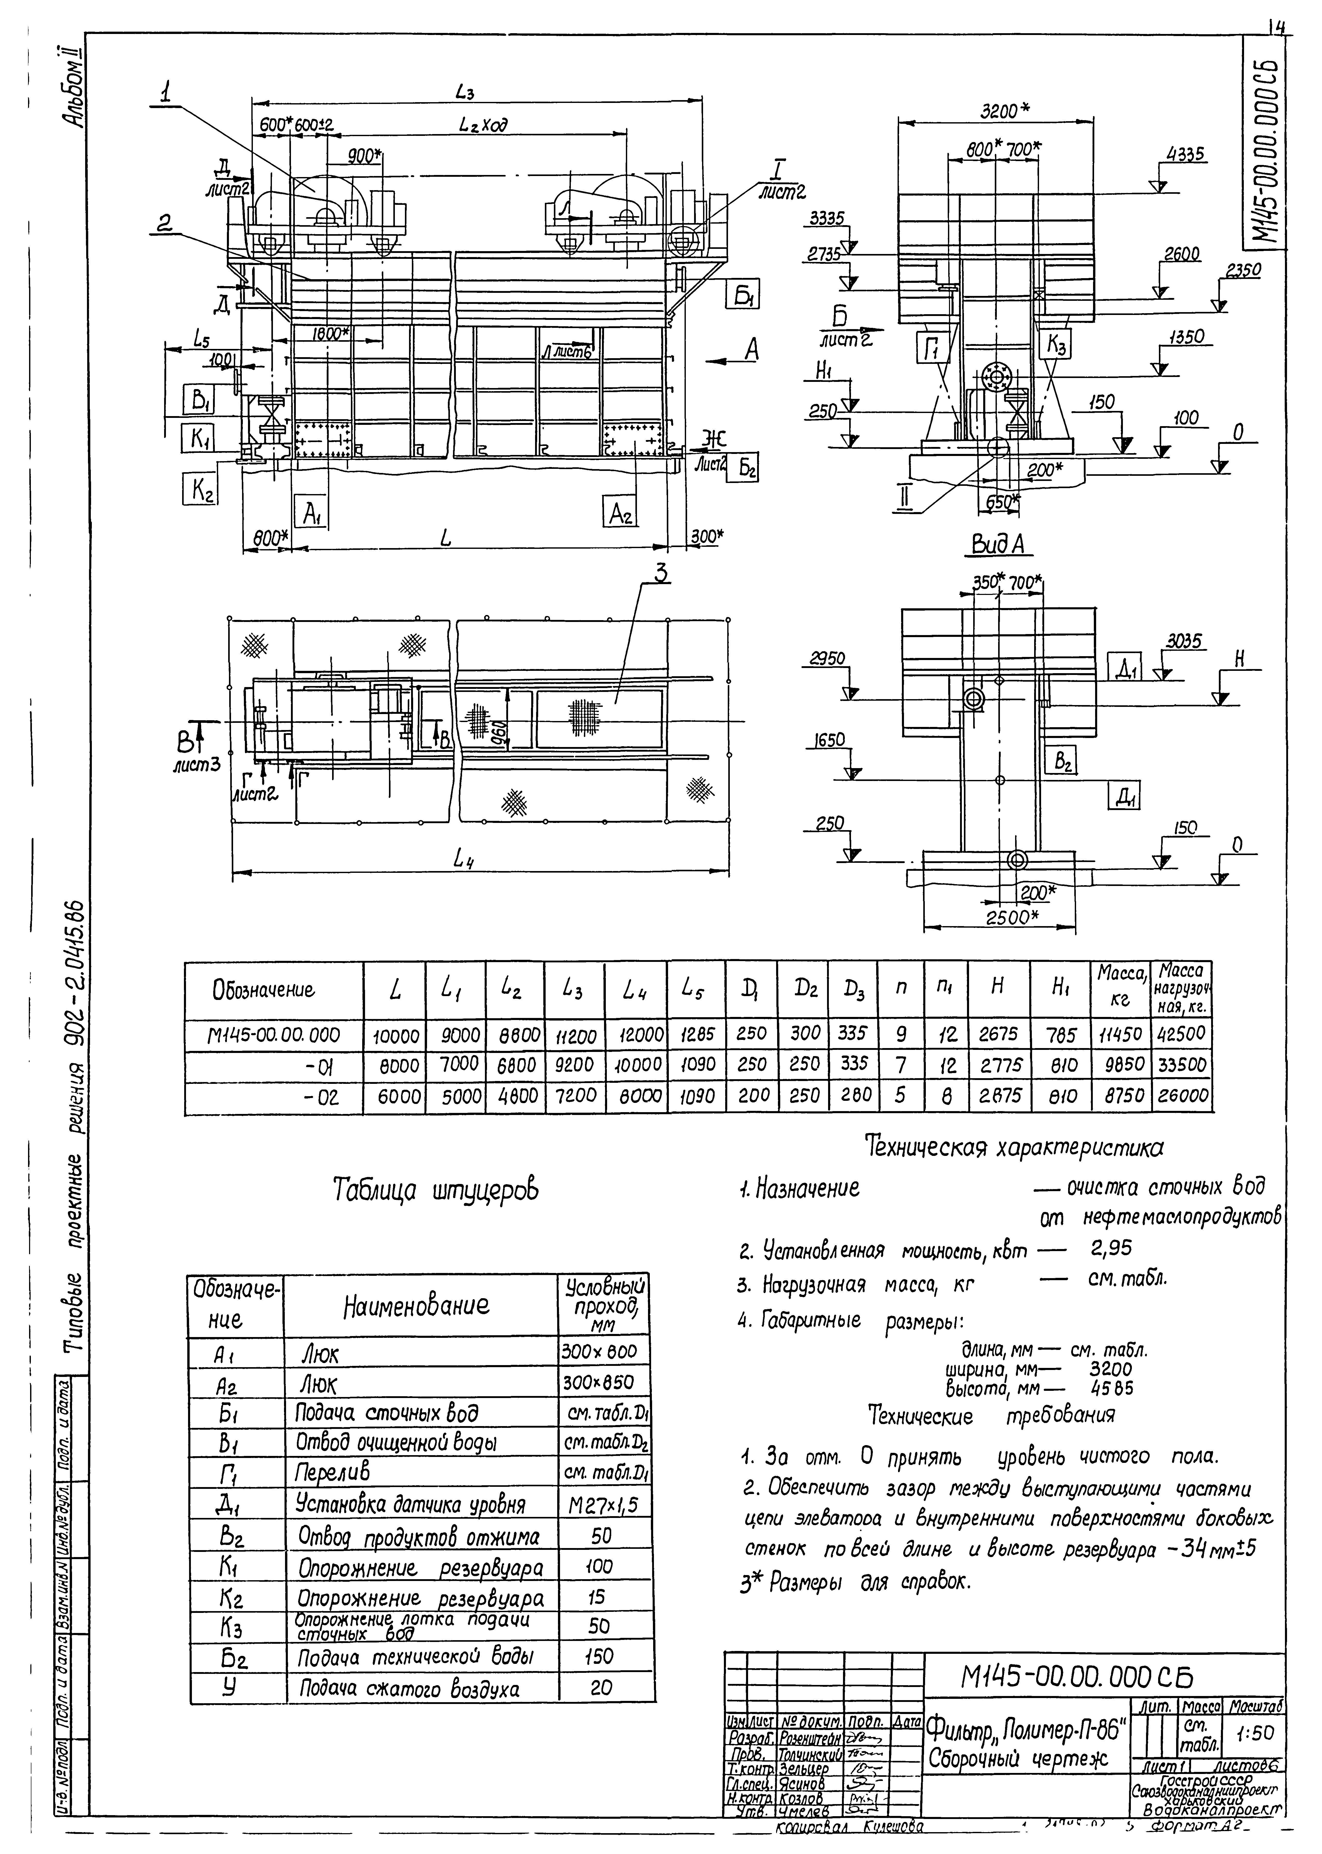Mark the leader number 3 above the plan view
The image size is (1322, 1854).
click(x=661, y=574)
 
